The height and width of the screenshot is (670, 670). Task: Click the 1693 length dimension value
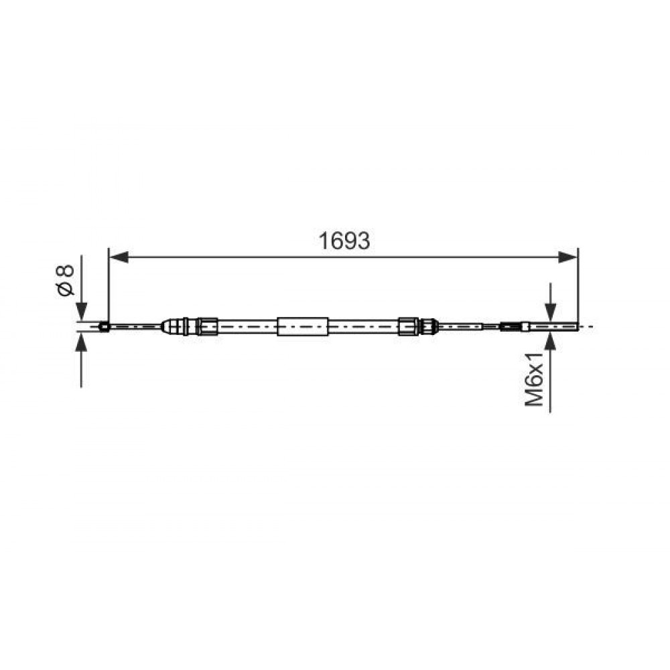click(x=344, y=241)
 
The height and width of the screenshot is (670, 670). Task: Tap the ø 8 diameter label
click(x=65, y=280)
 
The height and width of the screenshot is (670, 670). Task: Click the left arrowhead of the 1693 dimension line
click(x=119, y=257)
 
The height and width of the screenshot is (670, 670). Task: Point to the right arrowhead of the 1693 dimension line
click(x=568, y=257)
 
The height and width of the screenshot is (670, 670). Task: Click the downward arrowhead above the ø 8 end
click(x=81, y=311)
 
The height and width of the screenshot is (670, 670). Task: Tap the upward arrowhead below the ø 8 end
click(x=81, y=342)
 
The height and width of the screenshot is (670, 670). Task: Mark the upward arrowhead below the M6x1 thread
click(x=550, y=342)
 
